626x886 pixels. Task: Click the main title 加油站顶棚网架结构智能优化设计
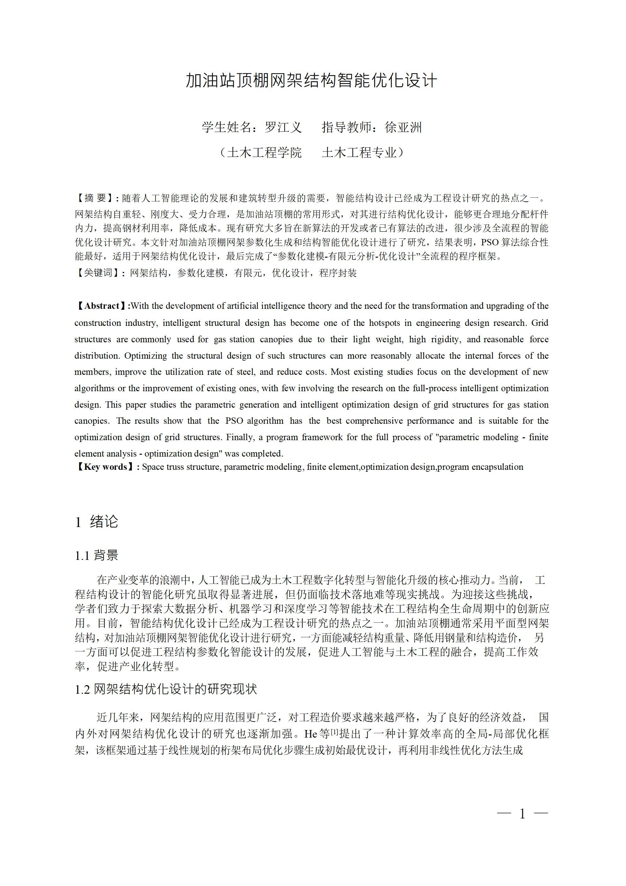click(312, 80)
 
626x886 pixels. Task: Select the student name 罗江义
click(283, 127)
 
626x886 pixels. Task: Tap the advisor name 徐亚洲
click(404, 127)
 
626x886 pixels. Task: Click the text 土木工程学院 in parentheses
click(264, 153)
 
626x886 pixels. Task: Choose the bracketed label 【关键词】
click(97, 273)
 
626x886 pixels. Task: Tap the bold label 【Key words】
click(105, 467)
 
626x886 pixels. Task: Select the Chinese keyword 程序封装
click(338, 273)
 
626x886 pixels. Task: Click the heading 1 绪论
click(97, 522)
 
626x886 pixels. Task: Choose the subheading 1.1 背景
click(97, 555)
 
